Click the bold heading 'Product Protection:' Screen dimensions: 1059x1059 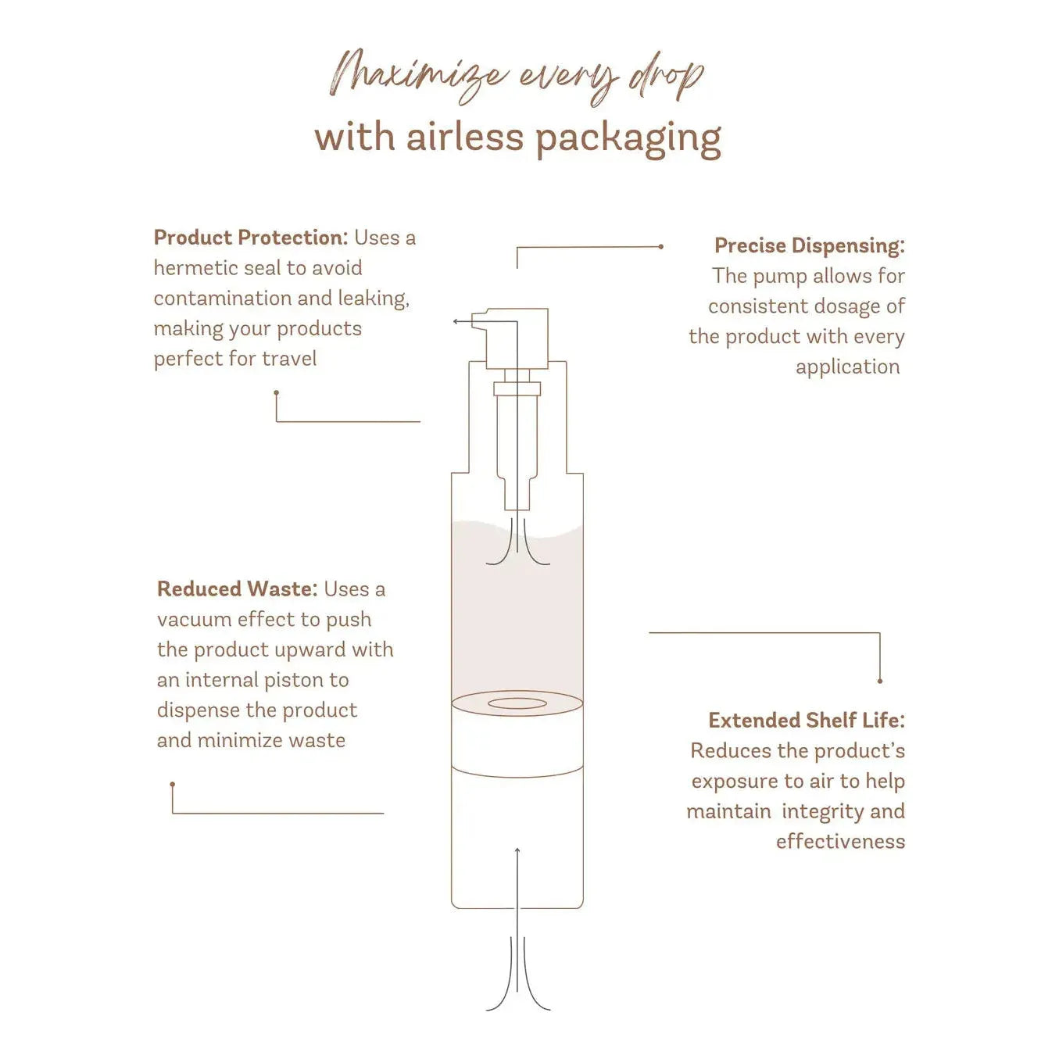(x=251, y=238)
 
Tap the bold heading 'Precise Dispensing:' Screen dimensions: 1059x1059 (x=809, y=245)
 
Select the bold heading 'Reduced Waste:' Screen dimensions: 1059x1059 (x=238, y=589)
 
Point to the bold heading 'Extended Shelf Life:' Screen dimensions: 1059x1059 (x=807, y=721)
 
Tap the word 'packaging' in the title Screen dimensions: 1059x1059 (x=628, y=141)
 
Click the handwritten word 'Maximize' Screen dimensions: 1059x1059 (x=416, y=77)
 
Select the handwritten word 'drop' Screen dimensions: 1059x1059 (x=667, y=79)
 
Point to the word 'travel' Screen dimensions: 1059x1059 (x=289, y=359)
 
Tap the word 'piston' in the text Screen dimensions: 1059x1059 (x=294, y=681)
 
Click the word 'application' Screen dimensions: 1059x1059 (x=847, y=367)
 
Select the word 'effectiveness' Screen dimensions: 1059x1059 (x=840, y=842)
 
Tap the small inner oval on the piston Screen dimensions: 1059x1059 (x=517, y=703)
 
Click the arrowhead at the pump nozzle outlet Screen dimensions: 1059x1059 (x=455, y=321)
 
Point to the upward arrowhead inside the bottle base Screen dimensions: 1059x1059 (x=517, y=851)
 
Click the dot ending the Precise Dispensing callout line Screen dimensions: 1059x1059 (x=661, y=247)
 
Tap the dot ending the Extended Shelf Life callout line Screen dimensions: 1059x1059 (x=880, y=681)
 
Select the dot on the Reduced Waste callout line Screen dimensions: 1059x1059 (x=173, y=784)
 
